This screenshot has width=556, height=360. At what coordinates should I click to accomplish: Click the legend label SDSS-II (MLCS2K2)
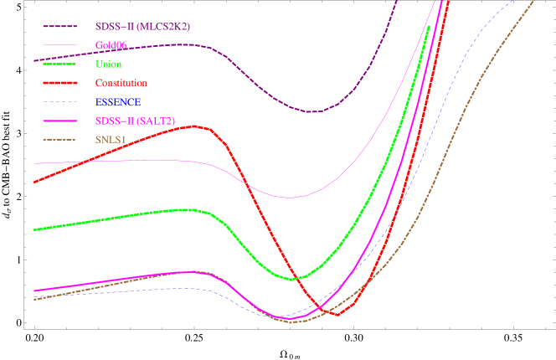point(142,27)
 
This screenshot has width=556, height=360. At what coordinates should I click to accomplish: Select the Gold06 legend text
point(110,45)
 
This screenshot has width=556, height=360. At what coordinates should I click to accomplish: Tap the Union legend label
point(109,64)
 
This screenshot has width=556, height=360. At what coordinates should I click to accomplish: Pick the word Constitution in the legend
point(121,83)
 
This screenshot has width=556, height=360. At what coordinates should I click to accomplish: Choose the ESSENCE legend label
point(118,102)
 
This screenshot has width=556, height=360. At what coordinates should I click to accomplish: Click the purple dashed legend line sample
point(59,27)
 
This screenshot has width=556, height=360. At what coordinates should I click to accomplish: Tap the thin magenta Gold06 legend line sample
point(59,45)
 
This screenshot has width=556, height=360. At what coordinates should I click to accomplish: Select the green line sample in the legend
point(59,64)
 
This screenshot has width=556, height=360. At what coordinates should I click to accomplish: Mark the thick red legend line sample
point(59,83)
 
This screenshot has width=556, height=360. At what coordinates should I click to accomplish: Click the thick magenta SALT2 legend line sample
point(59,121)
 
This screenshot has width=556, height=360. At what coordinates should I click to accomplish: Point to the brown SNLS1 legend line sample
point(59,139)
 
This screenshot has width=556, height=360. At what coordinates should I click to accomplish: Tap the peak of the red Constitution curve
point(197,126)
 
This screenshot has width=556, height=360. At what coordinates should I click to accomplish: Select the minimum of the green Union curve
point(292,279)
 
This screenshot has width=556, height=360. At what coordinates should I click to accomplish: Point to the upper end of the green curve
point(430,27)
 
